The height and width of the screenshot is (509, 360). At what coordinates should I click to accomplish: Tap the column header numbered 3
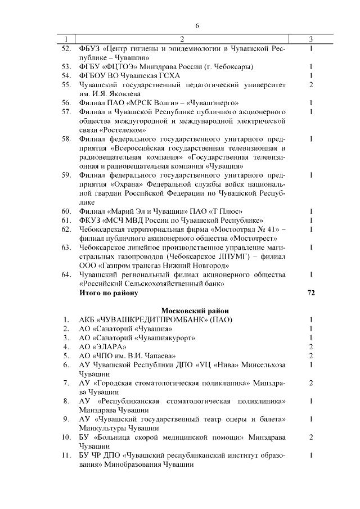(x=310, y=38)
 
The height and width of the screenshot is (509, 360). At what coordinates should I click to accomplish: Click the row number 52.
(x=65, y=48)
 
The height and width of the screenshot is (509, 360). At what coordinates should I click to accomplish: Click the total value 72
(x=310, y=293)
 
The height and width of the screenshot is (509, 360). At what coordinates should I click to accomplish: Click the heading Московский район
(x=195, y=310)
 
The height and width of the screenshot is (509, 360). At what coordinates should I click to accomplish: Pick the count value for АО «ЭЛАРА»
(x=310, y=347)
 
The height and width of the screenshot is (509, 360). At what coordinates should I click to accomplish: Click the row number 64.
(x=65, y=274)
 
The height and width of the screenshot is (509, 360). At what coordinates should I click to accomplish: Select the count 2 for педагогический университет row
(x=310, y=84)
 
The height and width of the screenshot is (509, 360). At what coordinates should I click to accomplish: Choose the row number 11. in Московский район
(x=65, y=456)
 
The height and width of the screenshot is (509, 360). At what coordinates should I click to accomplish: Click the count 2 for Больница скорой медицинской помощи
(x=310, y=437)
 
